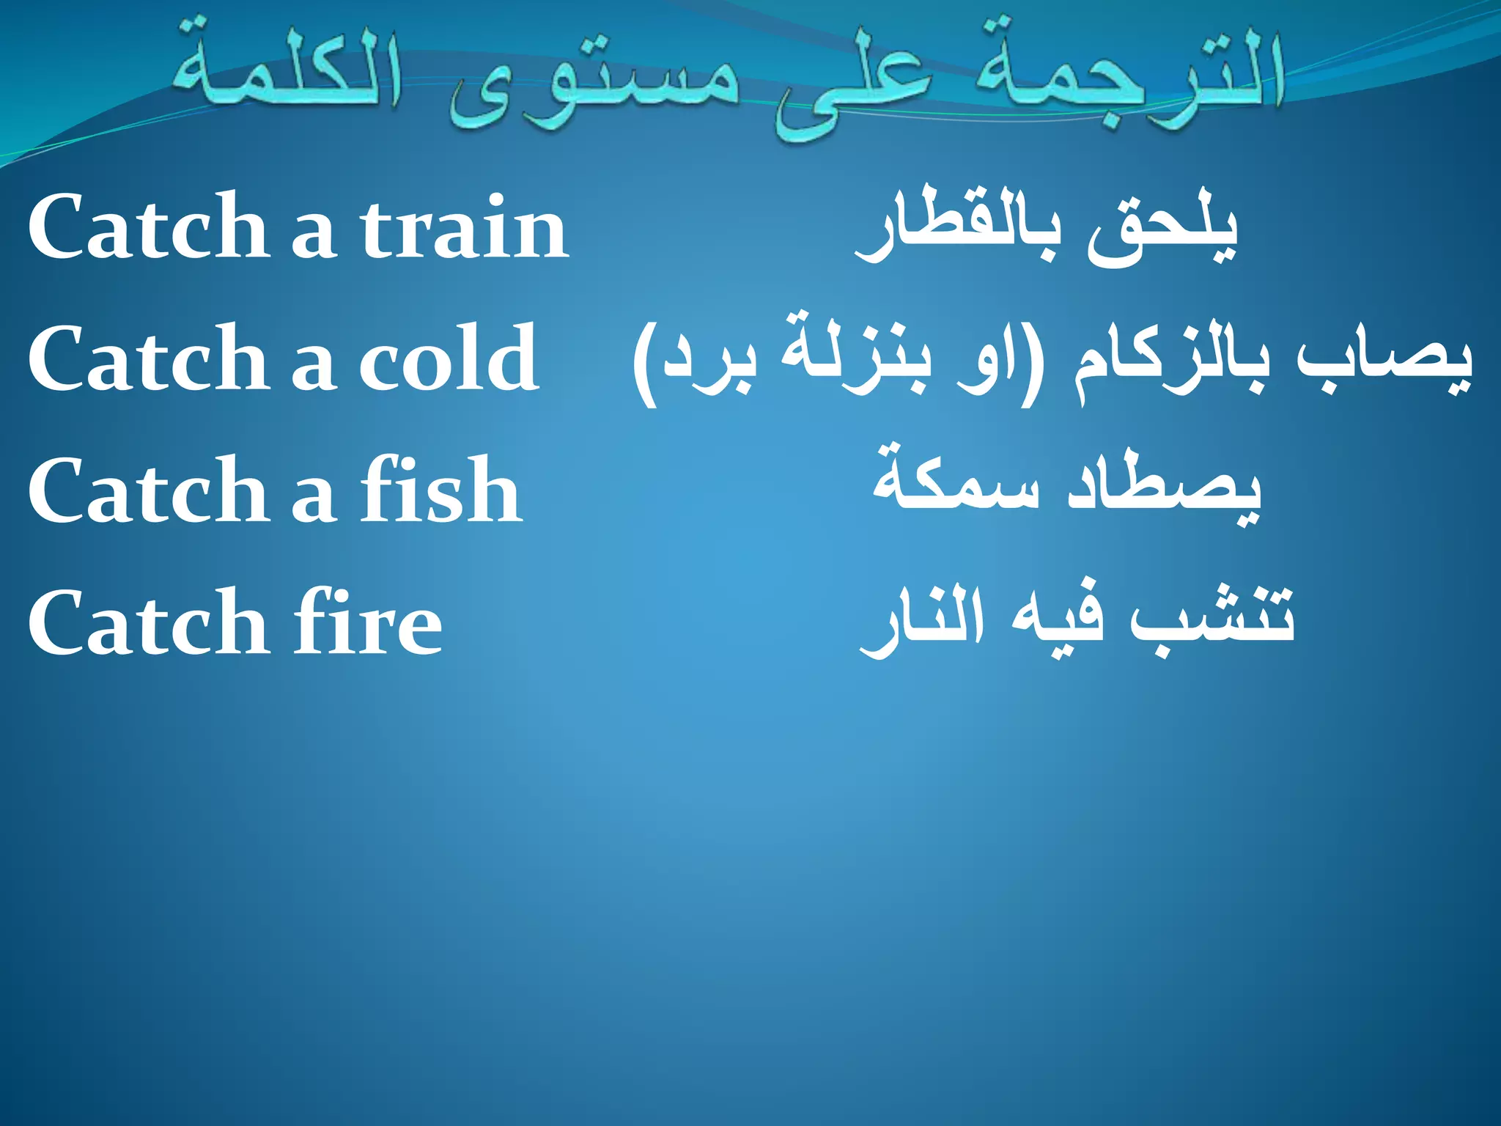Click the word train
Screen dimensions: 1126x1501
click(464, 227)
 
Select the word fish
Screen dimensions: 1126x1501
click(441, 489)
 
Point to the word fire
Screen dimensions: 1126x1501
click(368, 622)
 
